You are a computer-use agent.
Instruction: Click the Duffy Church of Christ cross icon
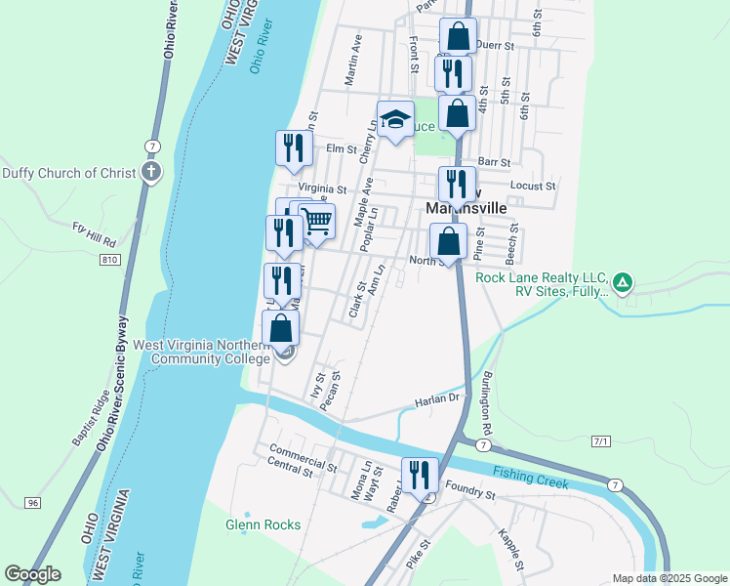(x=150, y=173)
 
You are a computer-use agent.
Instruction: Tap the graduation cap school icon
(x=395, y=119)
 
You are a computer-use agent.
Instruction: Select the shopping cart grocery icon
(x=317, y=222)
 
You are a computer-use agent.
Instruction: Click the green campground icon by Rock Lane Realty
(x=622, y=284)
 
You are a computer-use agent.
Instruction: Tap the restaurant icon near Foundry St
(x=421, y=476)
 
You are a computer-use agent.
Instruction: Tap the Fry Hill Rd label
(x=95, y=233)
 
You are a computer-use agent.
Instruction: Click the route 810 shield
(x=109, y=259)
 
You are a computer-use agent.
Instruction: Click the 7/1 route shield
(x=601, y=441)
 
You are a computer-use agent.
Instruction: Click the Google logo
(x=32, y=574)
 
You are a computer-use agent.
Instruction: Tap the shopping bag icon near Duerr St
(x=458, y=37)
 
